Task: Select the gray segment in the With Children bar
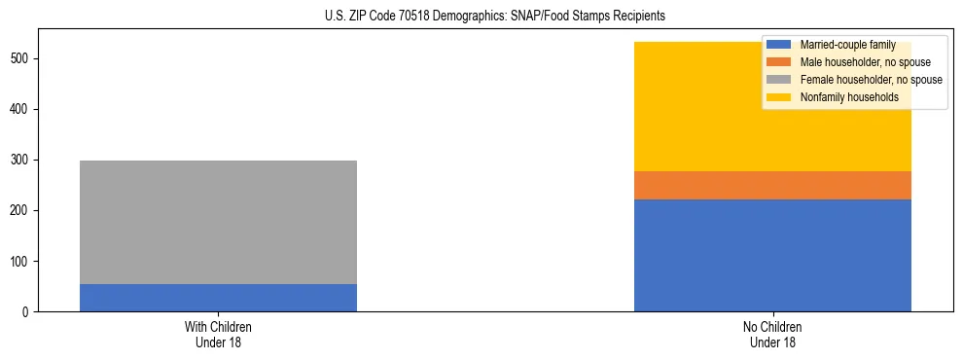[218, 222]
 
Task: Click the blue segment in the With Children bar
[218, 298]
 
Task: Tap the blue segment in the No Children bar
[772, 255]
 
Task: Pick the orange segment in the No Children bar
[772, 185]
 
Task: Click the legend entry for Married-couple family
[841, 45]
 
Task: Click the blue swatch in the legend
[779, 45]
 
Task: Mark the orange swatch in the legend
[779, 62]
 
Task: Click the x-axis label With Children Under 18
[218, 334]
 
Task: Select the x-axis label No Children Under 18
[772, 334]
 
